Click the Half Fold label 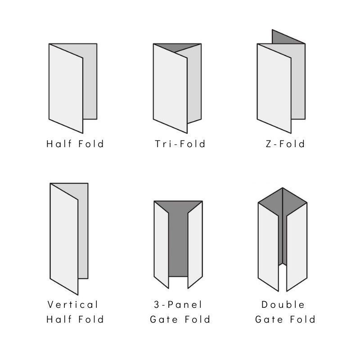75,144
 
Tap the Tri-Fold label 180,144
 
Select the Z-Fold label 285,144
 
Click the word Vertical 73,305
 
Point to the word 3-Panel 178,305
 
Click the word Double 283,305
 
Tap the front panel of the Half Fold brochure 66,88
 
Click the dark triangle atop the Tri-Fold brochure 177,47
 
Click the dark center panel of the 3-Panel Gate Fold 178,243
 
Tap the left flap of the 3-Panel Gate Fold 162,245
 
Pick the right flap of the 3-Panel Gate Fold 195,245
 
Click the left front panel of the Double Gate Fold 268,247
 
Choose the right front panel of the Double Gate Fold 297,247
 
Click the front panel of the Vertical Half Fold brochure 64,239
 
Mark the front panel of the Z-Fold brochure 274,88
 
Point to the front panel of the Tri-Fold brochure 170,88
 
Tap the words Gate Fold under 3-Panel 180,319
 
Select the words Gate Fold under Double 285,319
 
